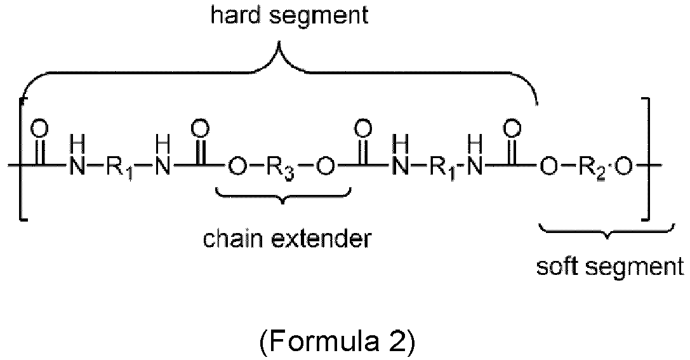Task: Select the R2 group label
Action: [595, 168]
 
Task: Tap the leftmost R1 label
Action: [120, 168]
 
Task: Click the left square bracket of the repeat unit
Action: [23, 159]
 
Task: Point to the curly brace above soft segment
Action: [606, 230]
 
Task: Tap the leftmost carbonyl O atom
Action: [40, 130]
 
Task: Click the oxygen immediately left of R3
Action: [236, 167]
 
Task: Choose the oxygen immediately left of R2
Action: [548, 167]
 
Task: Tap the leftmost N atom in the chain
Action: [76, 167]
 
